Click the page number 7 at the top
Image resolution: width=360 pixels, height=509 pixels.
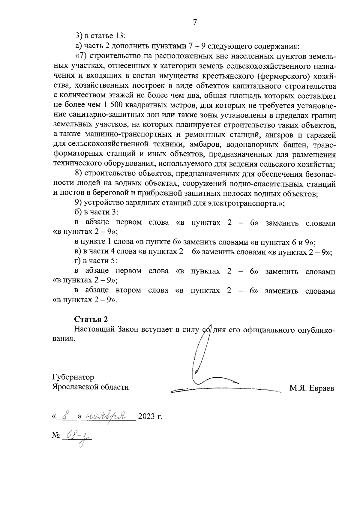coord(195,22)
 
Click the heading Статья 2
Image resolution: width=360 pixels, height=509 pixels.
coord(91,319)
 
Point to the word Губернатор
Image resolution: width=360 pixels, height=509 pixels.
coord(73,377)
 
